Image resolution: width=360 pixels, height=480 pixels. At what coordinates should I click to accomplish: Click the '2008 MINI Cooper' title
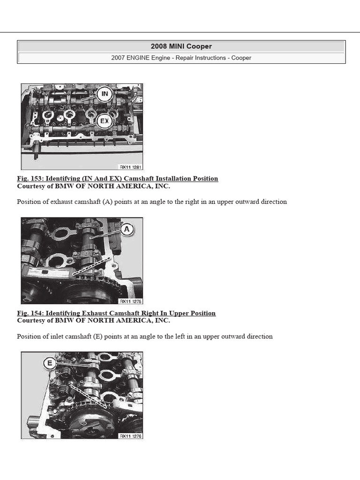181,46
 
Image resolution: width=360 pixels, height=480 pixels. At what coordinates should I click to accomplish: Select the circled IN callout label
105,94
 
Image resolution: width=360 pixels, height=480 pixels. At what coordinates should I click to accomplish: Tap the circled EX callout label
105,121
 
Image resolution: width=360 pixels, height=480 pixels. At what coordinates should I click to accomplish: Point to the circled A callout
127,230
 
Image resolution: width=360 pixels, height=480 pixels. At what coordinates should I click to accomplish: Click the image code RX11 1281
130,166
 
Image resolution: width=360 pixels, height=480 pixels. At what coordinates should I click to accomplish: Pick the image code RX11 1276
130,436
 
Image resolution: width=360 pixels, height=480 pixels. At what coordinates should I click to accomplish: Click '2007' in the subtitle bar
119,58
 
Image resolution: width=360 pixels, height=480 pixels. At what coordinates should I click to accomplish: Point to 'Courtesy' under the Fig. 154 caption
31,321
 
